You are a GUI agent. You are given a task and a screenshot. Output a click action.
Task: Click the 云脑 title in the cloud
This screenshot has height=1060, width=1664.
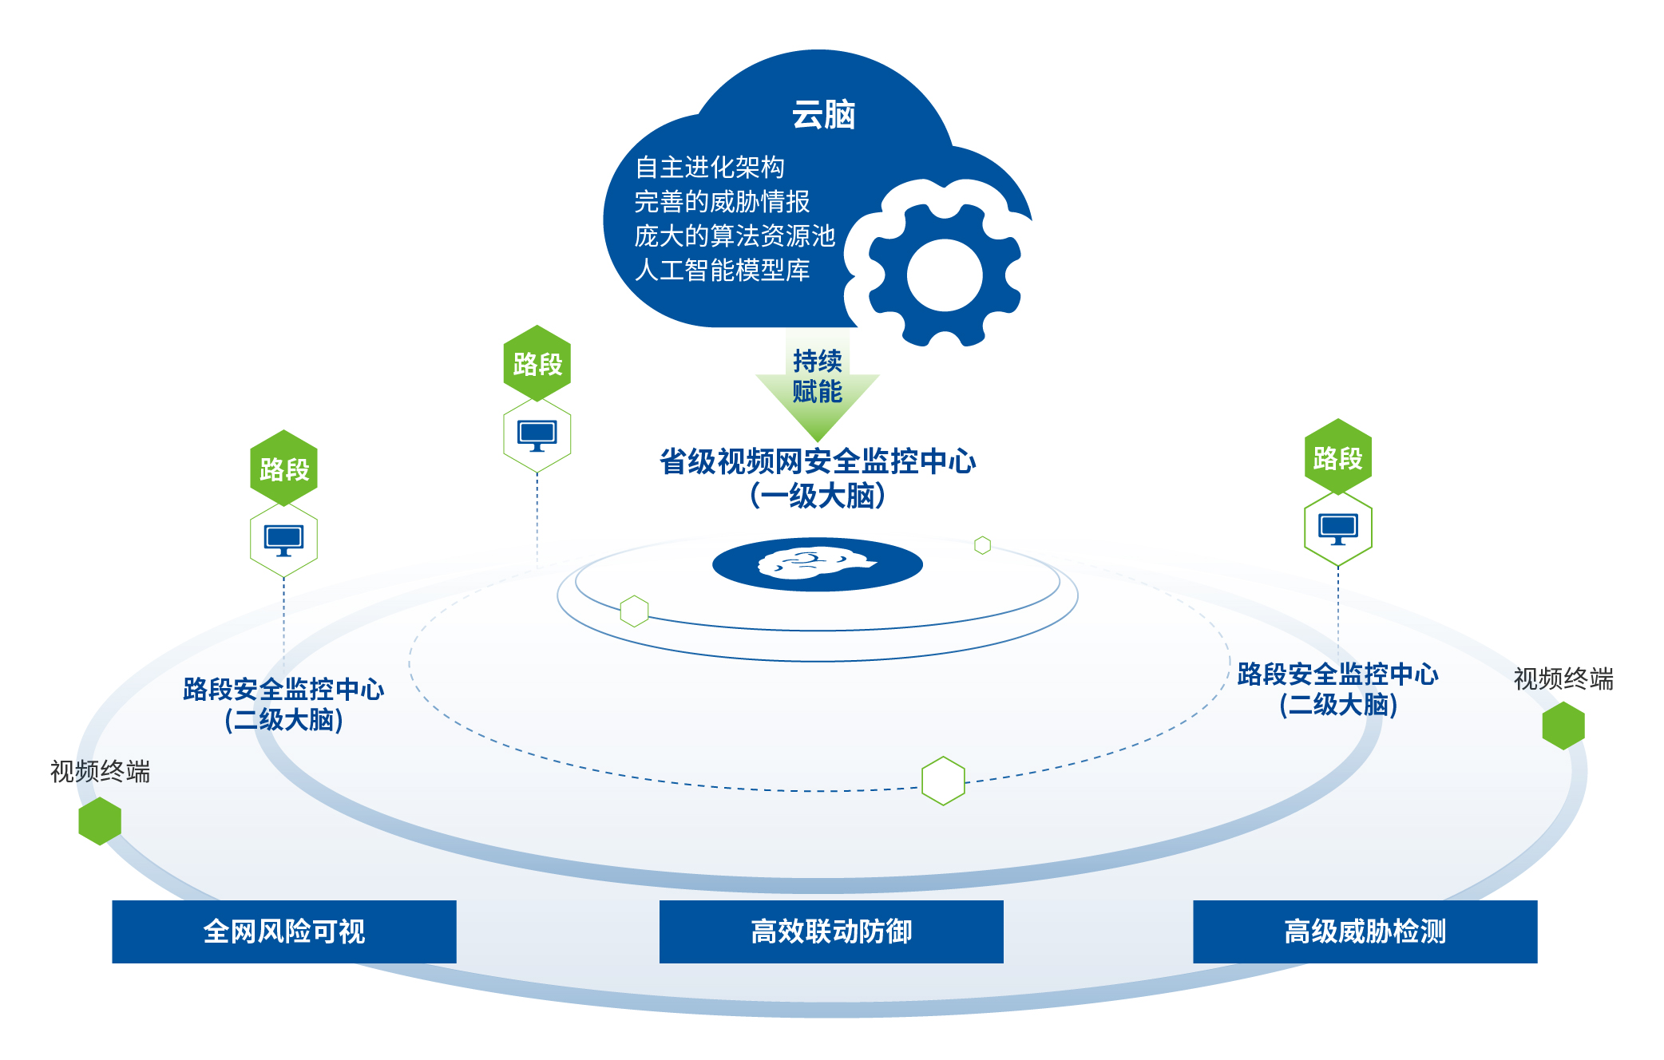coord(823,115)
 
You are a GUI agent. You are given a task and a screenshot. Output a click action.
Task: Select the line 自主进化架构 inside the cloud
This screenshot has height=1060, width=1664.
coord(710,168)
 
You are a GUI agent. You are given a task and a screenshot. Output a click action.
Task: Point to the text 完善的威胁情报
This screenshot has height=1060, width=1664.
coord(722,202)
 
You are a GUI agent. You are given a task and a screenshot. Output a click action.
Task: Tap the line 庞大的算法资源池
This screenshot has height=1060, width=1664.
coord(735,236)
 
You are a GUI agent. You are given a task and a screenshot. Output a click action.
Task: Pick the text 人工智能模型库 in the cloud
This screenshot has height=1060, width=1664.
coord(722,271)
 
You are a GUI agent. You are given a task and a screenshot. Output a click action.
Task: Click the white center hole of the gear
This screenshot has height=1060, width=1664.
coord(945,275)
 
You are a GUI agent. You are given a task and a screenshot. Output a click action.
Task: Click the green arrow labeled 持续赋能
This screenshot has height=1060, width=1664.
coord(818,387)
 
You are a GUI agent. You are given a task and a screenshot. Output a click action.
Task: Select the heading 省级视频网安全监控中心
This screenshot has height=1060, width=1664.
coord(818,461)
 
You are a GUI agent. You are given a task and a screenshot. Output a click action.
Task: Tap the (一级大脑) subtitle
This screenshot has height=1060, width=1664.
coord(818,496)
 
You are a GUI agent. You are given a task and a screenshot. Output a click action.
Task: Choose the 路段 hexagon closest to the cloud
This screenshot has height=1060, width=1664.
coord(537,363)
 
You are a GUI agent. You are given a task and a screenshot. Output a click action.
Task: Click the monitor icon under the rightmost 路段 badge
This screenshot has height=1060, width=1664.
coord(1338,528)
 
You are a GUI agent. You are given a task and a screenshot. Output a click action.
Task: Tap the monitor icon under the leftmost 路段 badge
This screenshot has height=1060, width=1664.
coord(283,540)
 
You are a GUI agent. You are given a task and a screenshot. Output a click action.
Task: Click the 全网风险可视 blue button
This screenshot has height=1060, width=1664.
coord(284,931)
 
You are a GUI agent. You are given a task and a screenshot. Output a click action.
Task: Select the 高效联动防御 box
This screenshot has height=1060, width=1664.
coord(831,931)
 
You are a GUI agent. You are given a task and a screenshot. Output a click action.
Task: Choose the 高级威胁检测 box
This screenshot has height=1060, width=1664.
coord(1365,931)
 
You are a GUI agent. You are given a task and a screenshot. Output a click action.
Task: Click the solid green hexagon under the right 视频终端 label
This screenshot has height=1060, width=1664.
coord(1563,726)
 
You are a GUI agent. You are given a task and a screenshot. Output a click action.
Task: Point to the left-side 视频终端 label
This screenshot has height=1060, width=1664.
coord(100,772)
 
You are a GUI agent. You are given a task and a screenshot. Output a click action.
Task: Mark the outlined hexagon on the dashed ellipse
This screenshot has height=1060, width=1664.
coord(943,781)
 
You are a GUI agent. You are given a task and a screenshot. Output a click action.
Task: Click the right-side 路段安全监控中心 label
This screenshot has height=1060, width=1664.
coord(1338,674)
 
